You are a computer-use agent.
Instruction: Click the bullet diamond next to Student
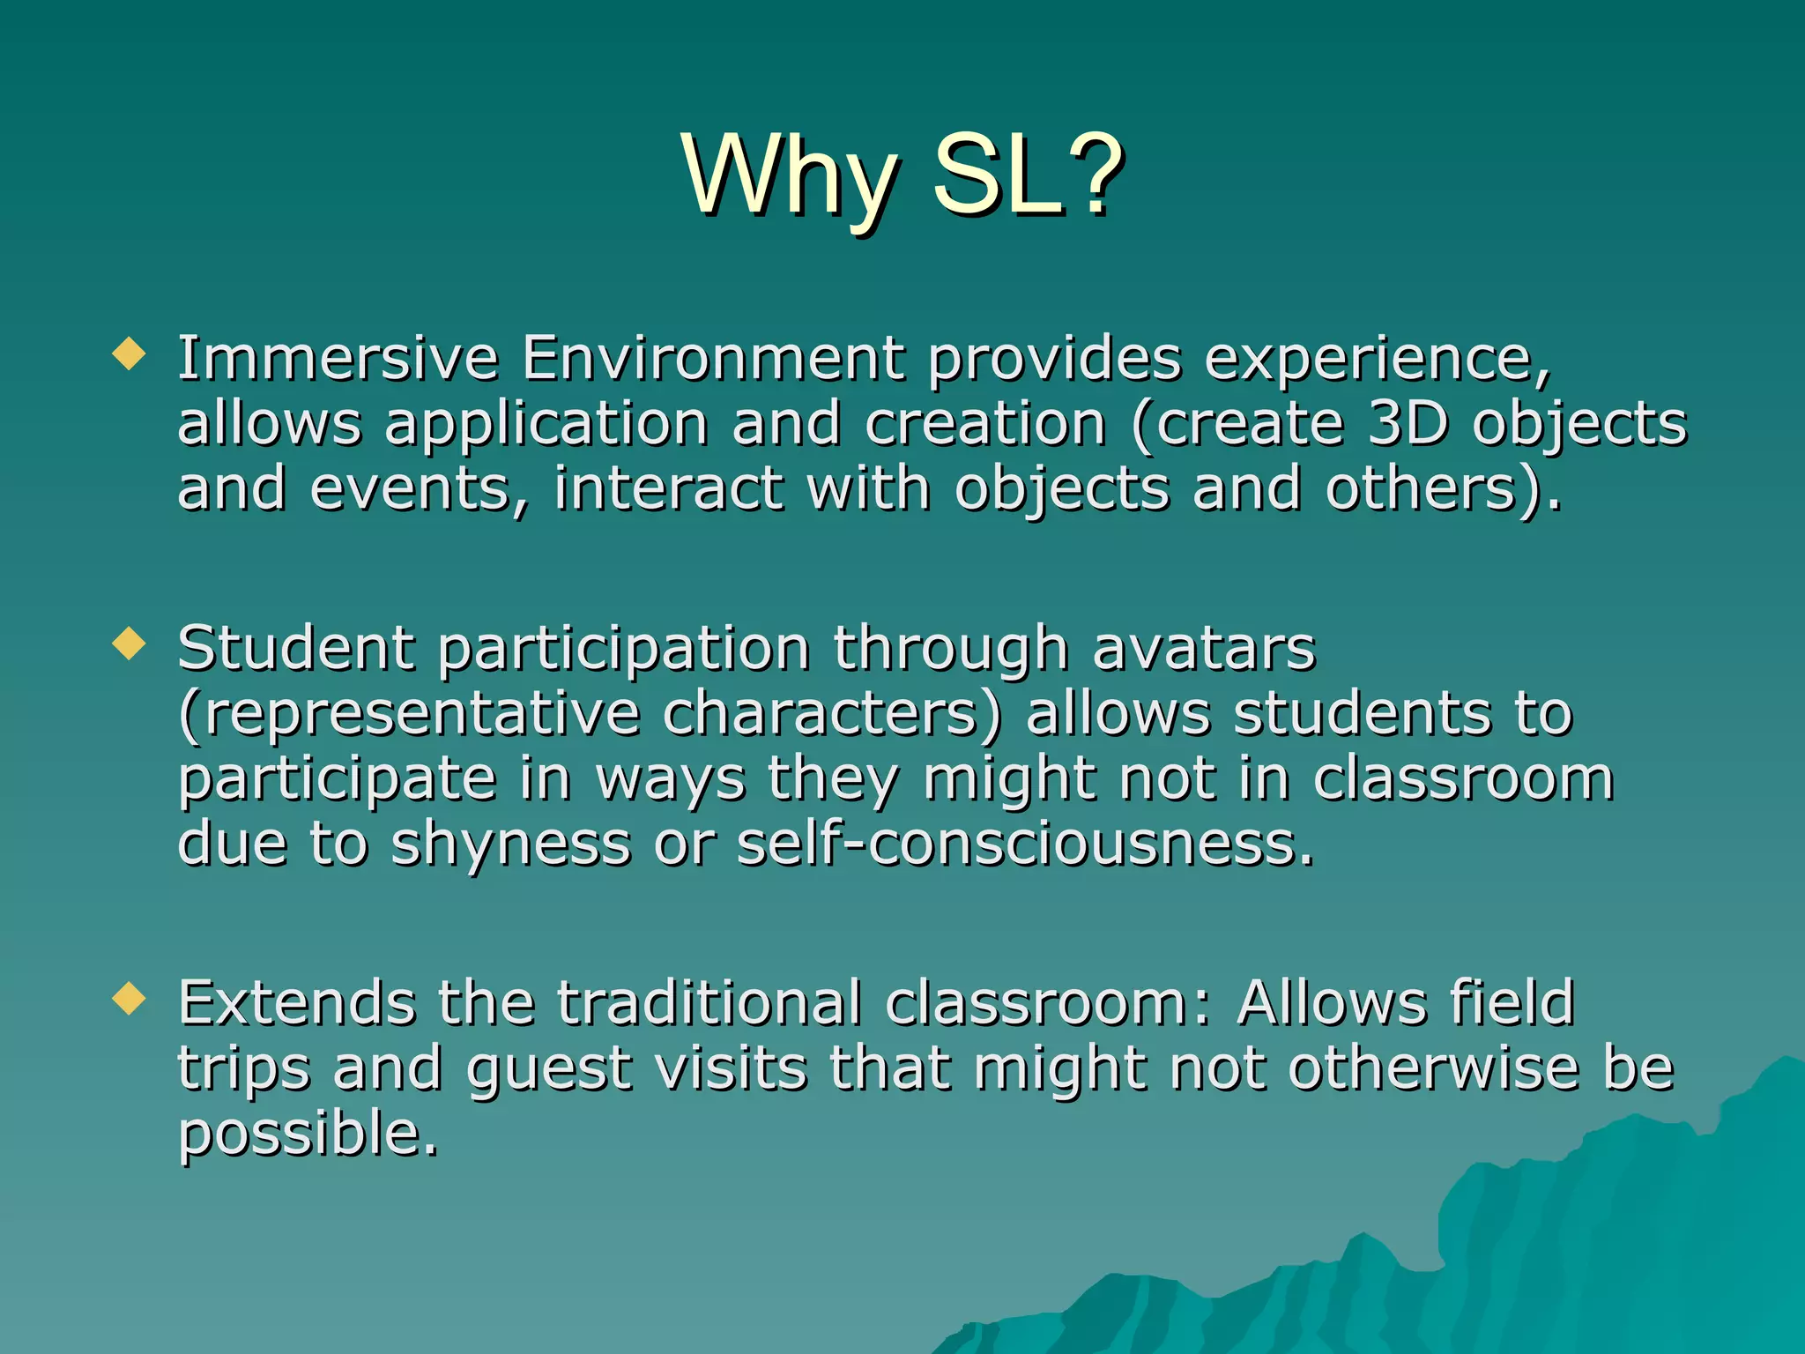(129, 644)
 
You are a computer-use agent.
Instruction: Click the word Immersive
(338, 359)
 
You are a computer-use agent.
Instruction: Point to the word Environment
(712, 359)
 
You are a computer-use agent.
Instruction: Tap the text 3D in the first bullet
(1408, 424)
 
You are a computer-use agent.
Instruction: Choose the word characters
(832, 714)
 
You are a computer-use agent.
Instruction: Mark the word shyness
(511, 845)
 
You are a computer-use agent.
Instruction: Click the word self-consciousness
(1024, 844)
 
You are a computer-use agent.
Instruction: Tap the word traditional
(709, 1003)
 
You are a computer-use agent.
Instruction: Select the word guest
(548, 1070)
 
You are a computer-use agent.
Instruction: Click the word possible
(308, 1135)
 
